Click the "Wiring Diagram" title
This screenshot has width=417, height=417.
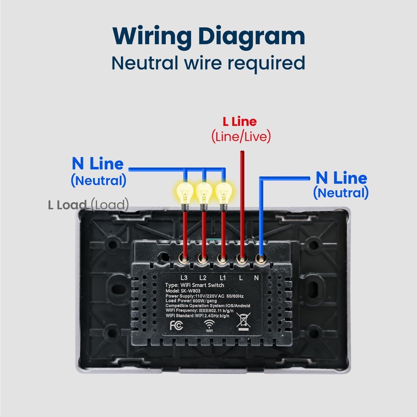click(x=209, y=36)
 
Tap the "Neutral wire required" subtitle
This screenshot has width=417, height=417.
click(x=208, y=63)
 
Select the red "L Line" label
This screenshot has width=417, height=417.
click(x=240, y=121)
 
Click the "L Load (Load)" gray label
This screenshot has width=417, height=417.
click(x=88, y=204)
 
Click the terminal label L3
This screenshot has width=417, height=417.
click(x=184, y=278)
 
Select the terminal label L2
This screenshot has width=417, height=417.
click(x=203, y=278)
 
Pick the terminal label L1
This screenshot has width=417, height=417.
click(x=223, y=278)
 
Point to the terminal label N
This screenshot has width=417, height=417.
click(x=256, y=278)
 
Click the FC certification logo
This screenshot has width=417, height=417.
click(x=176, y=325)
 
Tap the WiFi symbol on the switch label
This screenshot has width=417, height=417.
click(x=210, y=325)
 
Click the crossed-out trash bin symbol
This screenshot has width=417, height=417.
click(x=243, y=321)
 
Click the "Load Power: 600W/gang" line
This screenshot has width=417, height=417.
click(x=191, y=301)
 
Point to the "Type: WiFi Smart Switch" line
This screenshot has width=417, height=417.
click(x=194, y=285)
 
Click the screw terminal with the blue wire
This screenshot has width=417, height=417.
click(x=261, y=259)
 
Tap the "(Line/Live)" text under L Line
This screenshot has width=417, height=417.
click(x=241, y=137)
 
